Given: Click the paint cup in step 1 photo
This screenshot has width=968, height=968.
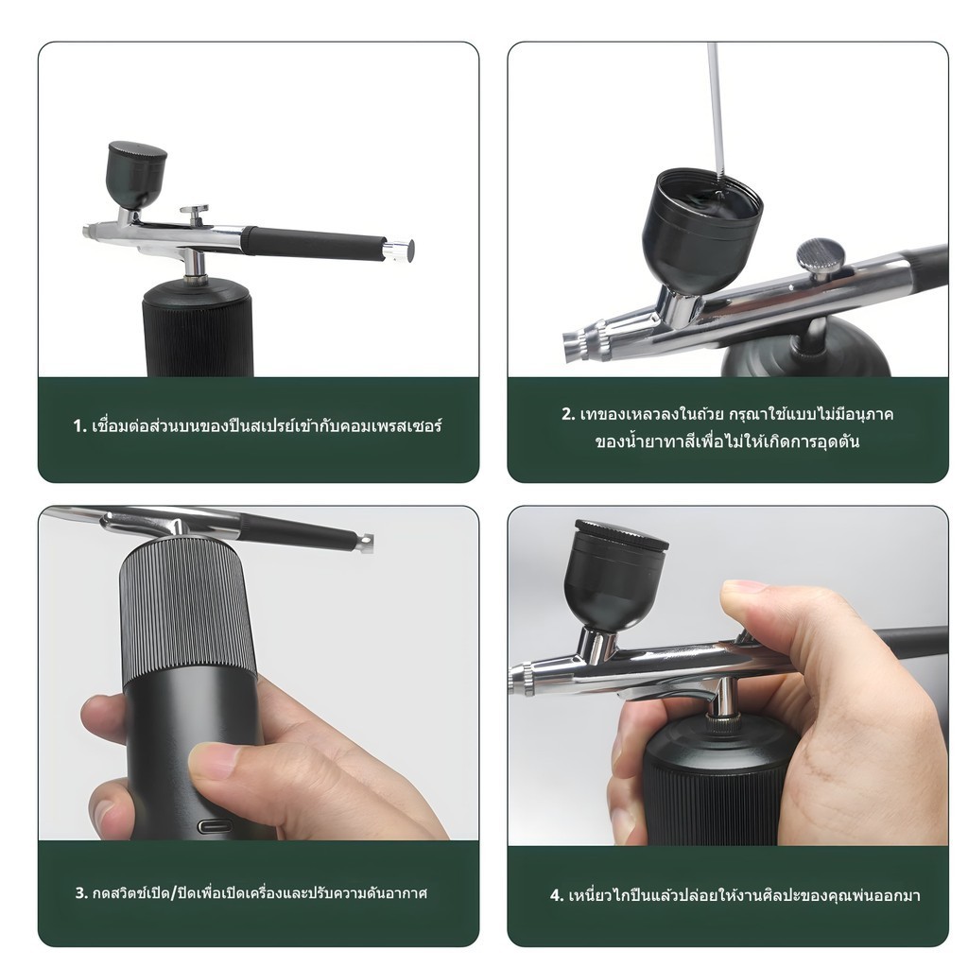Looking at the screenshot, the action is [x=137, y=174].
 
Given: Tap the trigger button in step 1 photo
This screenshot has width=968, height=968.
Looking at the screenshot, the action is [x=195, y=213].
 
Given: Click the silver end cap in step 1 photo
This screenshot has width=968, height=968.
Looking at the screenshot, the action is [x=398, y=249].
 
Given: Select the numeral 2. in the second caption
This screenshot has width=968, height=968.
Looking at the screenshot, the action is [x=568, y=414].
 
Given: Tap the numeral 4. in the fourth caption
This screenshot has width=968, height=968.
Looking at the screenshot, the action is [x=557, y=895].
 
